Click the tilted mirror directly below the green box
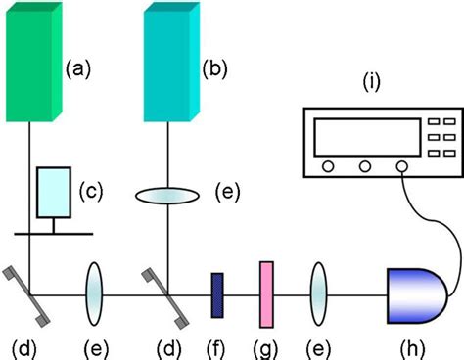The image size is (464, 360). (29, 293)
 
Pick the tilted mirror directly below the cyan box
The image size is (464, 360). (163, 293)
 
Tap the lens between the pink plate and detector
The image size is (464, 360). (319, 292)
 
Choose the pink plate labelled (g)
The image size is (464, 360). (265, 292)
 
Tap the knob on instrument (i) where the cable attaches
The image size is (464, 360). (402, 167)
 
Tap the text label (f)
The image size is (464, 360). (217, 345)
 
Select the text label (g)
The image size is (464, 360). (265, 345)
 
